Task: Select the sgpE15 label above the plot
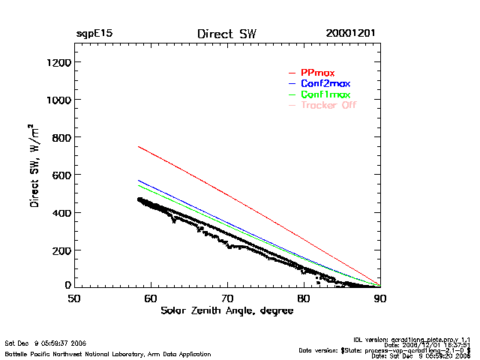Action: (x=94, y=34)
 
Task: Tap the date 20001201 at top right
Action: (x=351, y=34)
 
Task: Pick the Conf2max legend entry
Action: (x=325, y=83)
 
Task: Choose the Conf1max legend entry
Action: (x=325, y=94)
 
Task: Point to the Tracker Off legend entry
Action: (x=328, y=105)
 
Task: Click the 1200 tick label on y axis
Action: (x=57, y=62)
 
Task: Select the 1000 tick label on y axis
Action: (x=57, y=100)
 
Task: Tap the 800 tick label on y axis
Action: (x=60, y=137)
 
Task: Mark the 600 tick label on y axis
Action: (x=60, y=175)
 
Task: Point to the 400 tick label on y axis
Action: (x=60, y=212)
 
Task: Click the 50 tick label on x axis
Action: (x=74, y=298)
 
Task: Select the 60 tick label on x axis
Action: (x=151, y=298)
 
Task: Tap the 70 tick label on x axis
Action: (x=227, y=298)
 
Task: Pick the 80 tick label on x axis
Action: (x=304, y=298)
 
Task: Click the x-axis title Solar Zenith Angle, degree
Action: (x=226, y=310)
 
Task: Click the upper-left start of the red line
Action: (x=139, y=147)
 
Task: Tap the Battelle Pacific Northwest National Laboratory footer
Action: (x=108, y=353)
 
